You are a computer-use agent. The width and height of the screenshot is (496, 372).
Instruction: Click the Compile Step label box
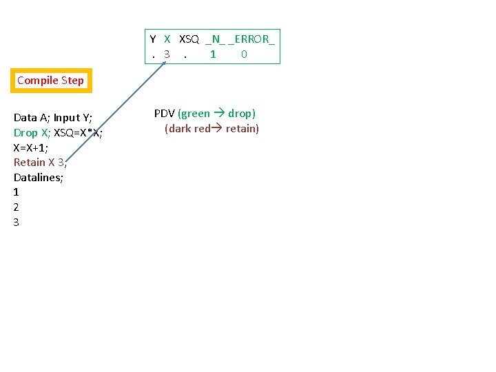tap(50, 81)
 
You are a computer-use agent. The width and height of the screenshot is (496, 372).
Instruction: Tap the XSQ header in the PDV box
tap(189, 39)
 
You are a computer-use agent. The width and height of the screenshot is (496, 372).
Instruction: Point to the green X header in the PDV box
tap(167, 39)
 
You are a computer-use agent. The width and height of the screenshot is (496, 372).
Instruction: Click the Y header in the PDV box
tap(153, 39)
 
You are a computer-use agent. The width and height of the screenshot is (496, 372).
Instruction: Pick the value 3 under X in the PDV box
tap(167, 54)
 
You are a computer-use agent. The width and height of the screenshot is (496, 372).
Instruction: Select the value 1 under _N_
tap(213, 54)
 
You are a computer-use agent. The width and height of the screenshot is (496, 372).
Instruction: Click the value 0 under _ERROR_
tap(245, 54)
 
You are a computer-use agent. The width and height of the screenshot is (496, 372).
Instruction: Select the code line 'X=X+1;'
tap(31, 147)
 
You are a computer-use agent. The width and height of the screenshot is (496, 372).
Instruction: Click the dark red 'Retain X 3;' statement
tap(40, 163)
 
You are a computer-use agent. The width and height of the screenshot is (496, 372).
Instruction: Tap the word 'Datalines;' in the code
tap(39, 178)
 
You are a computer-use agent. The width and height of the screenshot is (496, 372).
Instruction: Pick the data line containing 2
tap(17, 207)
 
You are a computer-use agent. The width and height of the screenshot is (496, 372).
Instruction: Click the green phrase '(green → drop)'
tap(216, 114)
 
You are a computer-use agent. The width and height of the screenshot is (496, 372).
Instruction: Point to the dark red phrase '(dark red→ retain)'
tap(211, 129)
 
